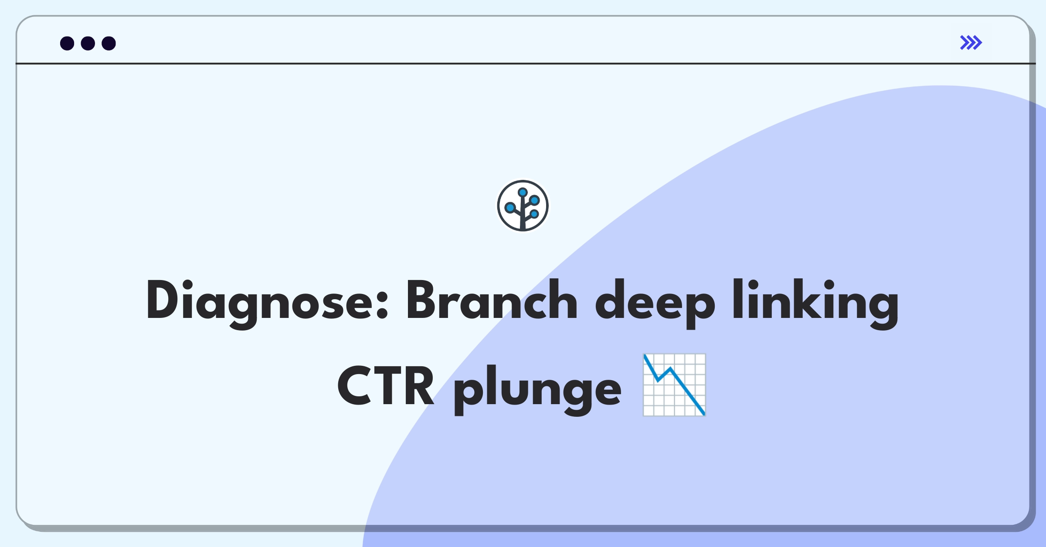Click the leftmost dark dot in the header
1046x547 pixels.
click(67, 43)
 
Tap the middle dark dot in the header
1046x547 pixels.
click(88, 43)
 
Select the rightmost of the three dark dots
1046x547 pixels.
click(109, 43)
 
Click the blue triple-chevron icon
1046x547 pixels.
click(971, 43)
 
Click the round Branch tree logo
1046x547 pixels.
click(523, 206)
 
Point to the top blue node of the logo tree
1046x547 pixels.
click(523, 192)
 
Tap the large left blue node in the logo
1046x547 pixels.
click(510, 208)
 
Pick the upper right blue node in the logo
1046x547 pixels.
click(535, 200)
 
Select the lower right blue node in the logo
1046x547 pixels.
click(534, 214)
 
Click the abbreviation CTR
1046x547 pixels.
click(386, 386)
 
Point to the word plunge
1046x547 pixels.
click(537, 390)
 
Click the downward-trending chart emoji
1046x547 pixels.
click(674, 385)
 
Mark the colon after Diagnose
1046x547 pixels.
click(381, 305)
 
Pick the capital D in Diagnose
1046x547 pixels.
click(164, 300)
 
